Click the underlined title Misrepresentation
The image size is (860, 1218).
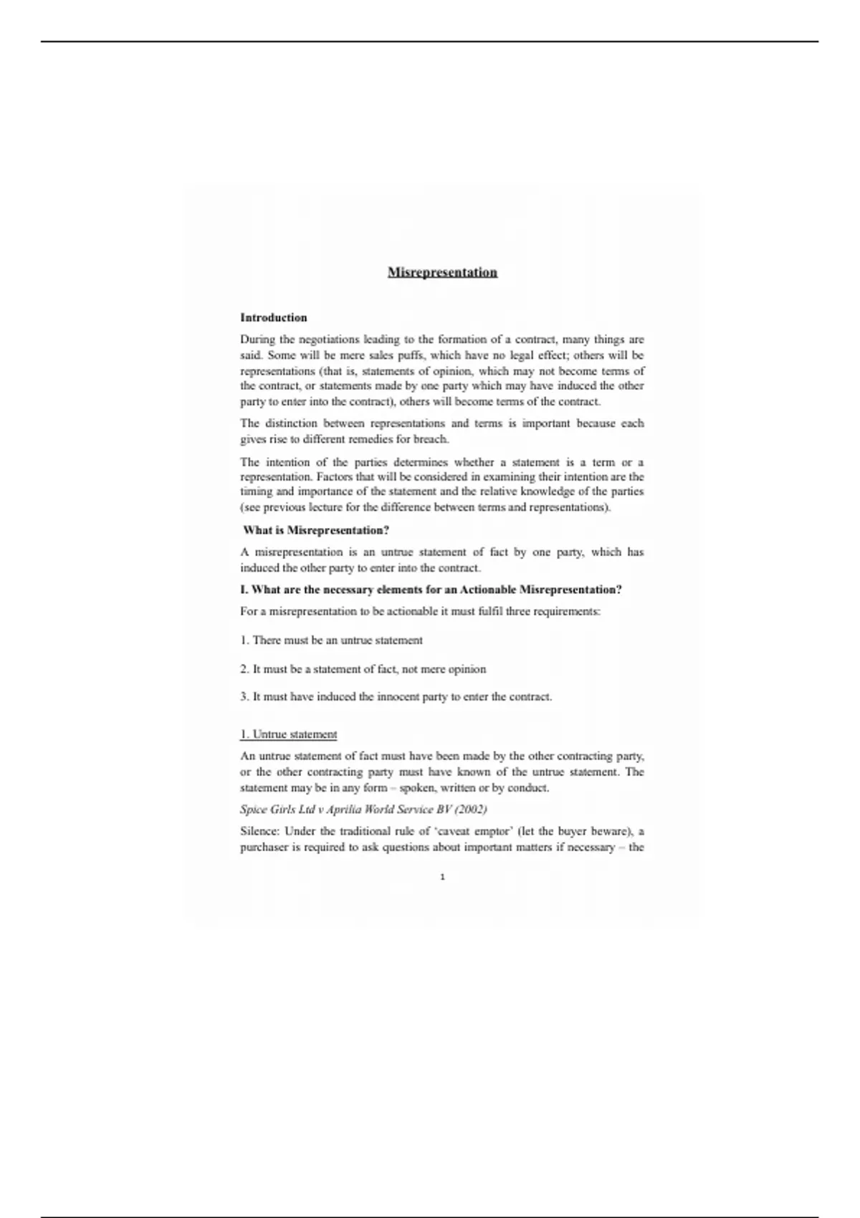442,272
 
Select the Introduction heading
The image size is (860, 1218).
274,317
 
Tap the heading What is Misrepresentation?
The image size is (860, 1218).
316,530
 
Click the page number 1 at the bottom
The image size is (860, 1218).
442,877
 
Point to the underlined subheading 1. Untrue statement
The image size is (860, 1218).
288,734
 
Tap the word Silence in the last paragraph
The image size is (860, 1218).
259,832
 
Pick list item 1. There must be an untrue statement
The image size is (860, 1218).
331,641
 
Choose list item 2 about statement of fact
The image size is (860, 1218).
363,669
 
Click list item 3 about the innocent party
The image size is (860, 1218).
396,696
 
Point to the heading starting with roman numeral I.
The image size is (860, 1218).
431,590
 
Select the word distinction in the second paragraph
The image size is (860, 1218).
293,423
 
